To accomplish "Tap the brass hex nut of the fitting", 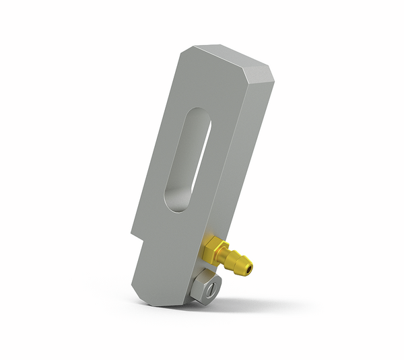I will (x=214, y=250).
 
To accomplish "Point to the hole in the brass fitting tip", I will (x=250, y=269).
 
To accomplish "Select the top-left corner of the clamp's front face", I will (x=184, y=51).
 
